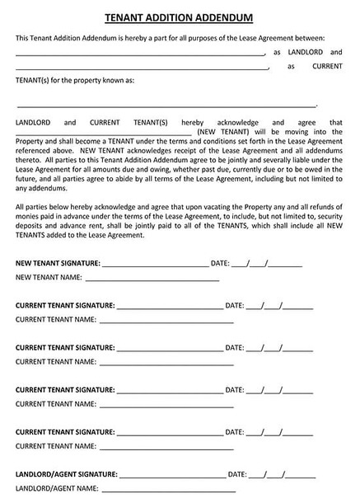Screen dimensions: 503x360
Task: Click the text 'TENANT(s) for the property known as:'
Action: pos(75,81)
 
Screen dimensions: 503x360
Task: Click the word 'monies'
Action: pos(28,216)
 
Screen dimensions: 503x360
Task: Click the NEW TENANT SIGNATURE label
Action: pos(58,263)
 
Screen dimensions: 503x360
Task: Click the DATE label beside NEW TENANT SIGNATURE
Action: pos(220,263)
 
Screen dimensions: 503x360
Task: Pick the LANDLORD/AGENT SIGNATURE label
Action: pos(67,475)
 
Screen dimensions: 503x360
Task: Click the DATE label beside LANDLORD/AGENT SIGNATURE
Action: pos(236,475)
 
